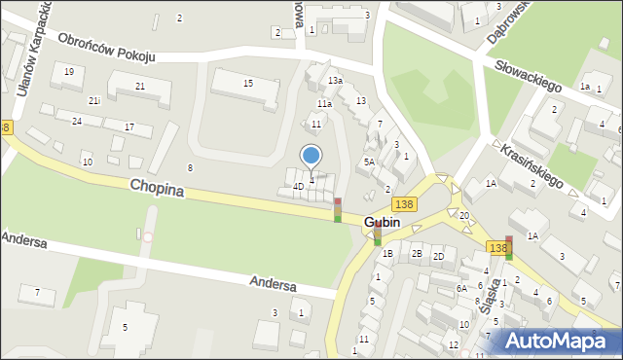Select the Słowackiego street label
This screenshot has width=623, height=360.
[x=529, y=75]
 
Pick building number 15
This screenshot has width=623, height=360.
[x=248, y=84]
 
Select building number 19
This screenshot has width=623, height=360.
[x=68, y=72]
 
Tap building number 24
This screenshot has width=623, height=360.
[x=76, y=122]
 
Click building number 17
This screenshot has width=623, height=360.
[x=129, y=127]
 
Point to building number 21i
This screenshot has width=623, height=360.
[x=93, y=100]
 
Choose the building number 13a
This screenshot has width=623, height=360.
[x=335, y=80]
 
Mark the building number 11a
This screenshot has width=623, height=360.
[x=324, y=103]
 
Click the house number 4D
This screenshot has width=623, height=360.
[x=298, y=186]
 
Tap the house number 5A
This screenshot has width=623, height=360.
[x=369, y=162]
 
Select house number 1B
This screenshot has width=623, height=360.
[x=387, y=254]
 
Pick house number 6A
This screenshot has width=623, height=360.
[x=462, y=288]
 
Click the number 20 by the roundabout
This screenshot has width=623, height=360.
[x=464, y=215]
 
